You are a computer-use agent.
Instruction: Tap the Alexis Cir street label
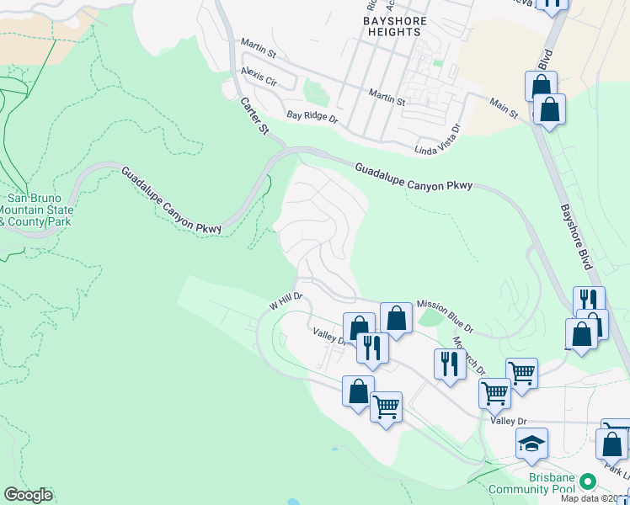[x=258, y=76]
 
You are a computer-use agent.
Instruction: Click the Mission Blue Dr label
[x=446, y=314]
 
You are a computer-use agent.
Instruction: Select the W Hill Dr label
[x=285, y=302]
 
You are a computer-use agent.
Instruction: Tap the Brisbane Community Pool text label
[x=552, y=483]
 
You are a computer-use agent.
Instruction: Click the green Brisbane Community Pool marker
[x=588, y=481]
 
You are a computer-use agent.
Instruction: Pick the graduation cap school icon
[x=531, y=443]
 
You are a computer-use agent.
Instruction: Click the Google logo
[x=28, y=495]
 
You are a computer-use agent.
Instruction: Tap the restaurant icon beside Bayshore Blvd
[x=589, y=300]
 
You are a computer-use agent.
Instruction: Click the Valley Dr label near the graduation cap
[x=510, y=420]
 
